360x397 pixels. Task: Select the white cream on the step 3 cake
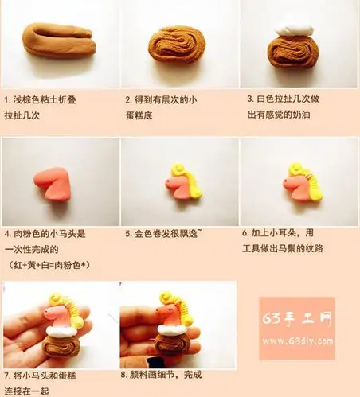click(x=294, y=30)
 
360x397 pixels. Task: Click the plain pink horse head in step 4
click(x=53, y=183)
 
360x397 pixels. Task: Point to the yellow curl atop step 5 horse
click(x=178, y=169)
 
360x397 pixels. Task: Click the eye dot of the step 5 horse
click(x=169, y=182)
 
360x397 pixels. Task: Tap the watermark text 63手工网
click(x=297, y=317)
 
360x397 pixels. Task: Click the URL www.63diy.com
click(x=298, y=341)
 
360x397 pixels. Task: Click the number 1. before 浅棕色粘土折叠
click(x=7, y=100)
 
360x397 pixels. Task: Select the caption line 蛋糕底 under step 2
click(x=139, y=115)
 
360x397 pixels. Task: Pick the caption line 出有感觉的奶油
click(x=279, y=115)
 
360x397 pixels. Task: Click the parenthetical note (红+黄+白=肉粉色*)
click(x=49, y=264)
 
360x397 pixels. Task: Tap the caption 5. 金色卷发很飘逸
click(x=163, y=234)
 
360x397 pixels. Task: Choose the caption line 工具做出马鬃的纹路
click(x=283, y=248)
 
